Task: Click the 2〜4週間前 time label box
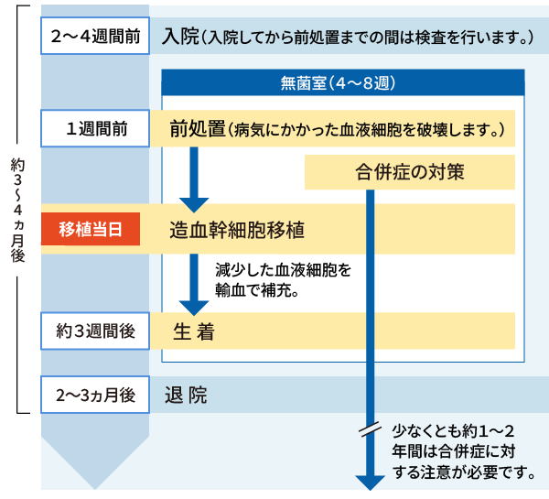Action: click(x=95, y=38)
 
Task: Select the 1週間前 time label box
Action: click(x=95, y=129)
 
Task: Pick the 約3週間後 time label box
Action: click(x=95, y=330)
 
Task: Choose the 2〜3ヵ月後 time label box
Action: click(x=95, y=396)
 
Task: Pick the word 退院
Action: click(x=186, y=396)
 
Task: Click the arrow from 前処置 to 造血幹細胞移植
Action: click(x=193, y=178)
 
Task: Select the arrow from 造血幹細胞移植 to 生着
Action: click(x=193, y=285)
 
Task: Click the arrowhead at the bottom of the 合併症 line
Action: click(x=370, y=482)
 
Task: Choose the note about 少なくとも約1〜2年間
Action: click(x=463, y=450)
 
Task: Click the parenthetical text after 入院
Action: click(x=369, y=38)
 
